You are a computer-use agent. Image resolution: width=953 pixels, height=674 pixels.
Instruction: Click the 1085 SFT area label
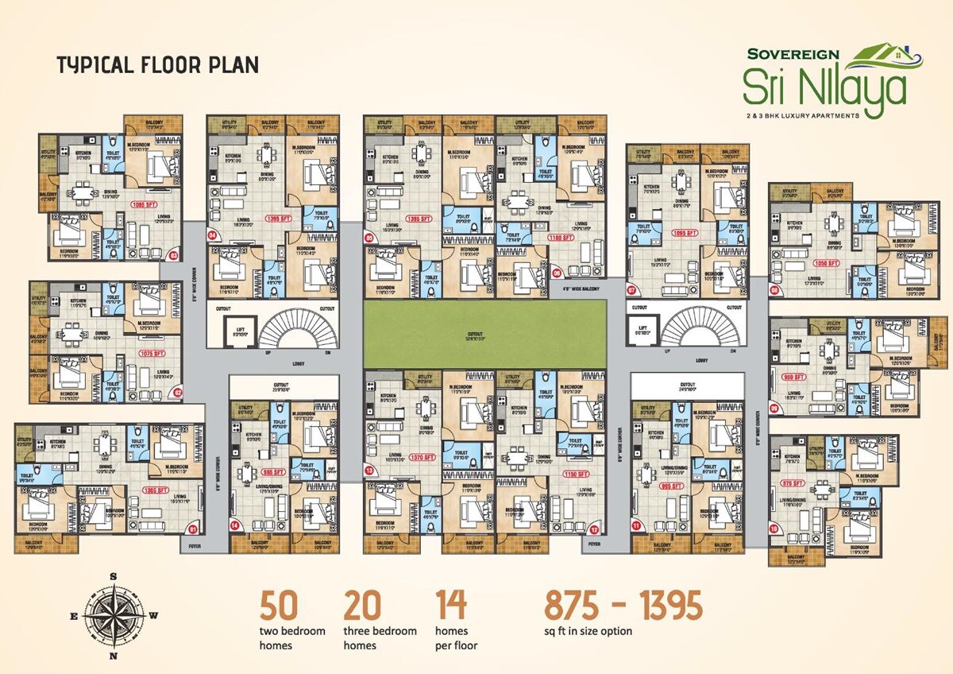pos(147,204)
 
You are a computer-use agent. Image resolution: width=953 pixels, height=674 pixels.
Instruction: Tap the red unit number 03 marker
pos(175,255)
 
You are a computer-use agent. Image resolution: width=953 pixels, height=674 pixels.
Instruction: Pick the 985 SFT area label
pos(274,472)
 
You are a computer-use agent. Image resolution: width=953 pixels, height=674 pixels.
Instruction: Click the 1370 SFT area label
pos(422,457)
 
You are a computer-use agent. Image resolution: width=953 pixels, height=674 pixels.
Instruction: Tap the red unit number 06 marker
pos(557,273)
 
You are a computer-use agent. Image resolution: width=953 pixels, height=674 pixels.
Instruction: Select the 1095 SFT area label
pos(685,234)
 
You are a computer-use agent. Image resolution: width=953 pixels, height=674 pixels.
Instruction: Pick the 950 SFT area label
pos(794,378)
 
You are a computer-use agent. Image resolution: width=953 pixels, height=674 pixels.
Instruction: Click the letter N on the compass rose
pos(114,656)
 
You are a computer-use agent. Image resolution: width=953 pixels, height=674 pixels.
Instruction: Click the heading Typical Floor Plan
pos(157,64)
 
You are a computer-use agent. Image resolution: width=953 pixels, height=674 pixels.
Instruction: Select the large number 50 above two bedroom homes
pos(279,606)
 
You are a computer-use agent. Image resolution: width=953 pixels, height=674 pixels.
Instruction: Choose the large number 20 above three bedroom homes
pos(362,606)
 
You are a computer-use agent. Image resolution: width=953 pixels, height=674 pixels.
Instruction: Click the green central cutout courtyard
pos(484,334)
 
